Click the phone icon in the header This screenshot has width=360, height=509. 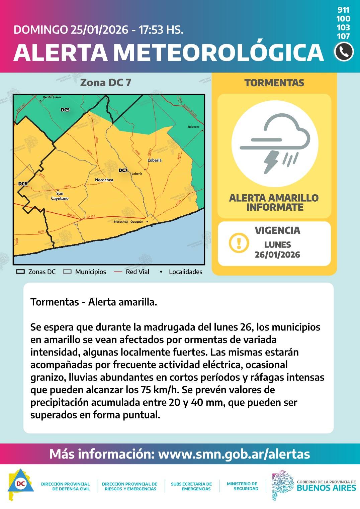coord(344,52)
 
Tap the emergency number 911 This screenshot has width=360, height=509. coord(344,10)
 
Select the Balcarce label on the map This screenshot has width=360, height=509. coord(193,127)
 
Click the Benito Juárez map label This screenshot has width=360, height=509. coord(52,97)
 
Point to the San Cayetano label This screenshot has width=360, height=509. coord(60,196)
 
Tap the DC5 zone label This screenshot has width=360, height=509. coord(65,110)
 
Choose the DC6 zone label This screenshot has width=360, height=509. coord(23,183)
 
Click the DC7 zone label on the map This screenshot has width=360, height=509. coord(123,170)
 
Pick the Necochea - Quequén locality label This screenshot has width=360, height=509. coord(128,222)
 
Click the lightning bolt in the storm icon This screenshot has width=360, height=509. coord(271,162)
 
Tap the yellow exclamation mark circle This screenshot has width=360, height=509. coord(239,242)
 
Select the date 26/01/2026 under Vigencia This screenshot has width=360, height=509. coord(277,255)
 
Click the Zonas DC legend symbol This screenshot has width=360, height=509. coord(21,272)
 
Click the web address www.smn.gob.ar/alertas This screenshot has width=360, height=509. coord(234,454)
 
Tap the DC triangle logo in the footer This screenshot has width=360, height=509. coord(20,484)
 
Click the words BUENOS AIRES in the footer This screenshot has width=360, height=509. coord(326,488)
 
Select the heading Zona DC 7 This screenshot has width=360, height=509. coord(106,83)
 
